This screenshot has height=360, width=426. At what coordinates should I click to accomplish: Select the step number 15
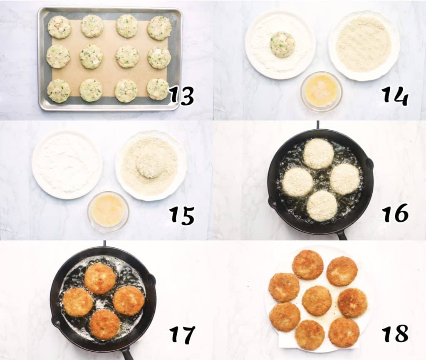coord(181,215)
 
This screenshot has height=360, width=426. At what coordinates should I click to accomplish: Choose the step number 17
coord(181,335)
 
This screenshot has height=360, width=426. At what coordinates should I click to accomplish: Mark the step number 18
coord(395,334)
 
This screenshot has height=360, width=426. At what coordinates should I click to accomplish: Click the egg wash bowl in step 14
coord(321,90)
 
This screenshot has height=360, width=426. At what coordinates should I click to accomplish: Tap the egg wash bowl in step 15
coord(108,210)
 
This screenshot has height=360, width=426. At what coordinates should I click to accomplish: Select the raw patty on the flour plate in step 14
coord(282,44)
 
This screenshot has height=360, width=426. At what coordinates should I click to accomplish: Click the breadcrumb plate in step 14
coord(364,44)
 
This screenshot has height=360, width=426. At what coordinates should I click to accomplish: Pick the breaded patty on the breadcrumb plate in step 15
coord(150,163)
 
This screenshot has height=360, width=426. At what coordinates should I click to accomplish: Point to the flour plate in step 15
coord(67,164)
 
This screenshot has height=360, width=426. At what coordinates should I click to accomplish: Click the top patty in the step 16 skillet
coord(318,153)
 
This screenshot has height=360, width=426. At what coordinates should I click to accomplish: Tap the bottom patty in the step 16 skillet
coord(322,205)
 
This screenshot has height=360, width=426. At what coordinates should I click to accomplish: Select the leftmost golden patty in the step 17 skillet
coord(77,302)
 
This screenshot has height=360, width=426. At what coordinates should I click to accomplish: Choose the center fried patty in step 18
coord(317,300)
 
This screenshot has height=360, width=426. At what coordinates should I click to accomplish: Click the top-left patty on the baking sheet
coord(59,27)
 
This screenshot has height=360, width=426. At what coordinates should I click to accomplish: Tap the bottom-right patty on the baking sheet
coord(158,89)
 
